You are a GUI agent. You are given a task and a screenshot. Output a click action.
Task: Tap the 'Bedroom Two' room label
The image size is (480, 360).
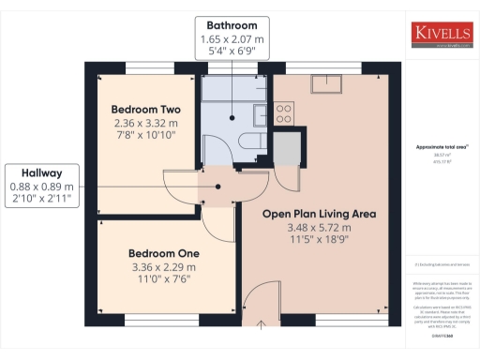click(140, 108)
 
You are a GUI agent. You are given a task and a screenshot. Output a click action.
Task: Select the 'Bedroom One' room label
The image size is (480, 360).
click(155, 253)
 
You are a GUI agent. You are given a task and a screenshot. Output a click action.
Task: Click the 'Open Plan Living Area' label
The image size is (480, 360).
click(320, 214)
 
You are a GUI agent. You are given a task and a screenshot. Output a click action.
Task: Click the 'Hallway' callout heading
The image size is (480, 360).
click(37, 172)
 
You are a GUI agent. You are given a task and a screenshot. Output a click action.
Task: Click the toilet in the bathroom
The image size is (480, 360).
click(249, 142)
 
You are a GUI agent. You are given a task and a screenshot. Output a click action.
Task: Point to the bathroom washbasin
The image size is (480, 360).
click(258, 116)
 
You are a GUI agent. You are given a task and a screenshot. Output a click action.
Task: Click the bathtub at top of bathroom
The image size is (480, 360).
click(233, 88)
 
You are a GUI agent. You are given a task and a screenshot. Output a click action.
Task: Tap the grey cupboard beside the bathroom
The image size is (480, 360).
click(288, 148)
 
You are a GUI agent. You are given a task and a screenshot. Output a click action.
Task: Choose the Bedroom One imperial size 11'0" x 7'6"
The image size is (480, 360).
click(155, 278)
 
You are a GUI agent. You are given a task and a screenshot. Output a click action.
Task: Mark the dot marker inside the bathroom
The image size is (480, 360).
click(233, 118)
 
